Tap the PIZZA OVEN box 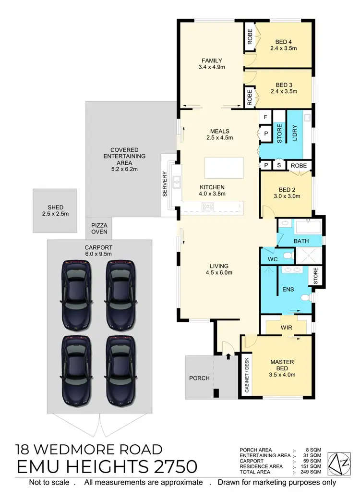[x=100, y=227]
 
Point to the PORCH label [x=199, y=378]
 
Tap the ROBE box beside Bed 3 [x=250, y=98]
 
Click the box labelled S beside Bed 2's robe [x=279, y=165]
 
